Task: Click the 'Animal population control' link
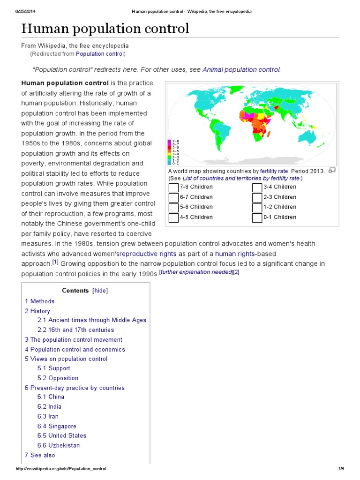(241, 69)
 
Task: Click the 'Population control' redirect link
(100, 54)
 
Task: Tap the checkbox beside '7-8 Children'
(173, 187)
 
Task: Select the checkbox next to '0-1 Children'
(257, 217)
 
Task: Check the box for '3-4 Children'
(257, 187)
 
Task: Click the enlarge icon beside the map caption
(332, 171)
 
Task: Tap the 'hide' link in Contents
(100, 291)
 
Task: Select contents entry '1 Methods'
(40, 301)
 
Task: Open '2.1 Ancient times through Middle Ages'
(92, 320)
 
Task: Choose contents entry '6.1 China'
(51, 397)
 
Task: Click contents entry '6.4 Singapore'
(57, 426)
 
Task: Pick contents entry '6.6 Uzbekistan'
(59, 445)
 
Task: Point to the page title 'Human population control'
(105, 29)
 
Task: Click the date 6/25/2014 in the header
(26, 11)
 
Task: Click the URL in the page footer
(61, 469)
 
